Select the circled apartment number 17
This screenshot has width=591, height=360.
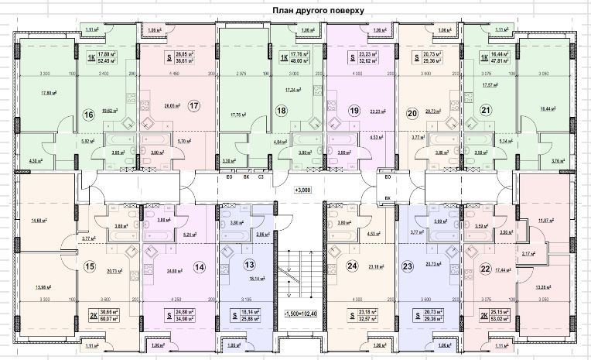(194, 105)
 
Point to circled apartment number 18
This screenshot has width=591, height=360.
(282, 111)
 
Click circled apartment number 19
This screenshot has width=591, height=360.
(355, 111)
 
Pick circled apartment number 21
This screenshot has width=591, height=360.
(486, 111)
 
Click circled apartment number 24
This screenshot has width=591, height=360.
(353, 266)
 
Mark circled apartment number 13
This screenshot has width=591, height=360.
(249, 264)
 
